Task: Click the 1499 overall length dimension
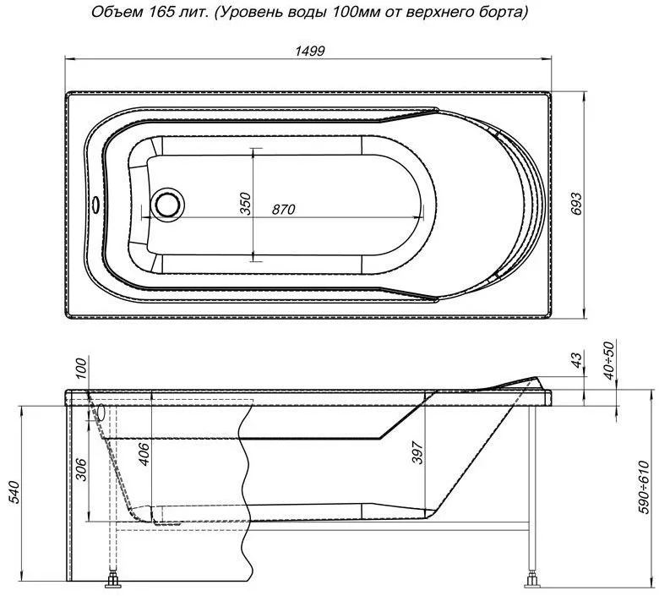click(310, 51)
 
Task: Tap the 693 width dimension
click(576, 204)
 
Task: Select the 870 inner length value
click(283, 209)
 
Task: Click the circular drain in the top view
click(168, 204)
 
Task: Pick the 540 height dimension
click(14, 492)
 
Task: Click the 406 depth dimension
click(143, 454)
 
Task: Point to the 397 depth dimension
click(417, 452)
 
